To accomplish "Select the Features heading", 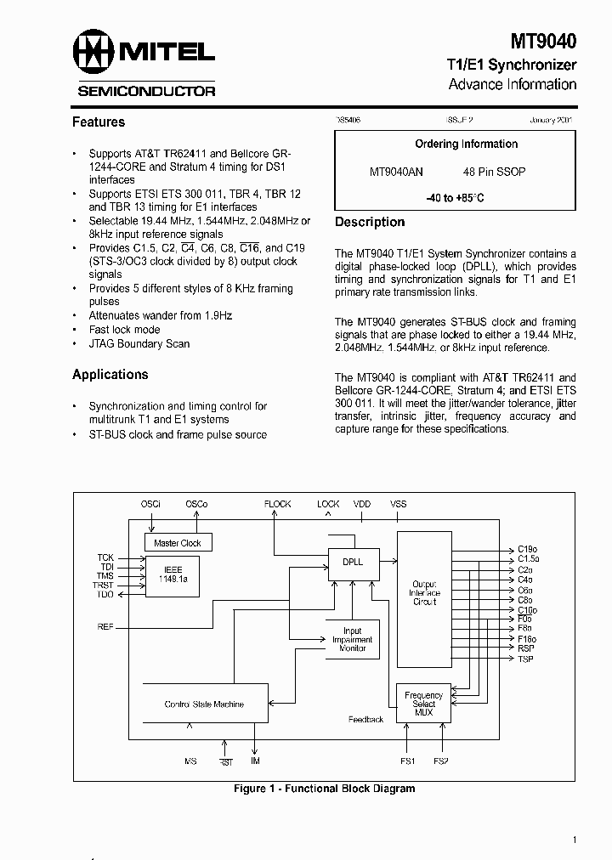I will (x=99, y=122).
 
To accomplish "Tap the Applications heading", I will (x=110, y=375).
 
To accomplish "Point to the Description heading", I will (x=370, y=223).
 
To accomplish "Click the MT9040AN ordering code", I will (x=396, y=172).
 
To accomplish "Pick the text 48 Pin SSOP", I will (x=495, y=172).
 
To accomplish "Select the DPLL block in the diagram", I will (x=352, y=562).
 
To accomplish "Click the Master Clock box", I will (x=178, y=542).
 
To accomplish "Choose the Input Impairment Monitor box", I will (x=352, y=640).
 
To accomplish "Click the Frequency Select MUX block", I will (x=423, y=703).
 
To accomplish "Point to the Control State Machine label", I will (x=204, y=704).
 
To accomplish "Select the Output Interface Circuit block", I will (x=423, y=593).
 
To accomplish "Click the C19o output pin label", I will (x=528, y=549).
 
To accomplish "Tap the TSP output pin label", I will (x=525, y=659).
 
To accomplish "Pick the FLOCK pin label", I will (x=277, y=504).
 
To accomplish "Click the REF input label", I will (x=105, y=627).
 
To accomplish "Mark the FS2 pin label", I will (x=440, y=761).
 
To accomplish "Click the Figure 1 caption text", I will (x=324, y=789).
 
